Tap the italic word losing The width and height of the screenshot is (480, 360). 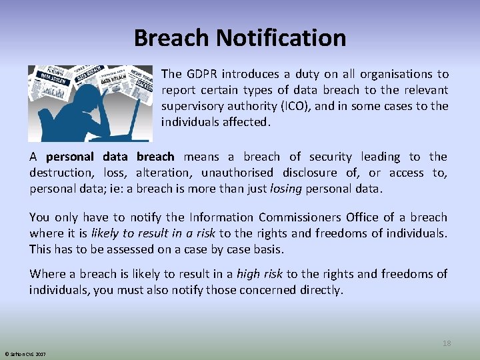286,189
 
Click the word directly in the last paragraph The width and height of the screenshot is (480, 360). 319,290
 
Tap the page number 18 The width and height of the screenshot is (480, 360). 447,343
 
